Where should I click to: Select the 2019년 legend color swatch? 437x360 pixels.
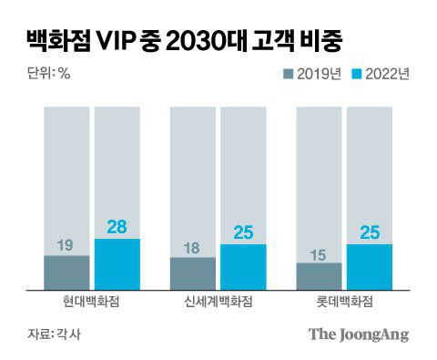coord(289,75)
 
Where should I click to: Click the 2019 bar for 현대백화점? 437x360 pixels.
coord(66,272)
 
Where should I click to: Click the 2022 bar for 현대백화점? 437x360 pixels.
coord(117,263)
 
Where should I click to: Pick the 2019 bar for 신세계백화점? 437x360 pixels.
coord(193,273)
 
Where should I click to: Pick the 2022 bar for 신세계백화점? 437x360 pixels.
coord(243,266)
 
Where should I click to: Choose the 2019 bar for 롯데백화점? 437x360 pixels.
coord(319,275)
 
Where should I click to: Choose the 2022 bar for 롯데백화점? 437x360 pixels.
coord(369,266)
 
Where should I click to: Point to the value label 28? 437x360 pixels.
coord(117,226)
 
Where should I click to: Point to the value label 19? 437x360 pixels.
coord(66,244)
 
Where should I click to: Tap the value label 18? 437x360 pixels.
coord(193,246)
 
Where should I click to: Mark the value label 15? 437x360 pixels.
coord(319,252)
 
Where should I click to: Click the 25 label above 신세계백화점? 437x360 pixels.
coord(243,233)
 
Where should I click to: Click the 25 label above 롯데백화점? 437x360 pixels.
coord(369,233)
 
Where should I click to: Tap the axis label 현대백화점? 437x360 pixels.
coord(92,301)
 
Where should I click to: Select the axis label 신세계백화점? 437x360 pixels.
coord(218,301)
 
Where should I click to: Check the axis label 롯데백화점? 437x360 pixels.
coord(344,301)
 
